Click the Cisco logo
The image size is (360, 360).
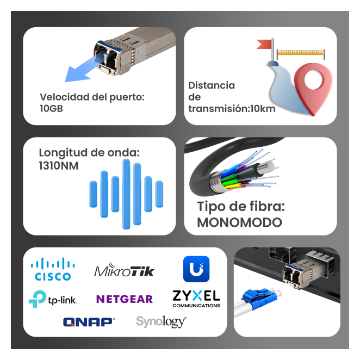[53, 269]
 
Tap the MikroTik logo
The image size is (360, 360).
[125, 270]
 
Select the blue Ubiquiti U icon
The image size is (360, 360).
[196, 269]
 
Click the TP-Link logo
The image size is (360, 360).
[53, 299]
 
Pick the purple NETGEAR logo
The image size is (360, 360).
[125, 299]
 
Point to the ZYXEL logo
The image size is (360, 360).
[196, 298]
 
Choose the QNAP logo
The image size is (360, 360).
[89, 322]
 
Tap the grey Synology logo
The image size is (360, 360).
[161, 321]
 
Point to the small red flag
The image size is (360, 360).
[265, 44]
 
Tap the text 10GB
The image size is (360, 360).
[52, 108]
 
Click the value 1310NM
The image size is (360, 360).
[59, 165]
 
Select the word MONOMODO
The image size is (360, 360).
[239, 222]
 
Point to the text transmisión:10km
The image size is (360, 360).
[232, 108]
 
